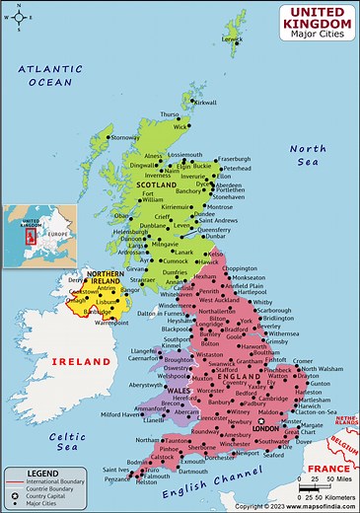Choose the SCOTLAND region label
[x=155, y=184]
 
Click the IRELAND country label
[x=82, y=362]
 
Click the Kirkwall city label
[x=204, y=102]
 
